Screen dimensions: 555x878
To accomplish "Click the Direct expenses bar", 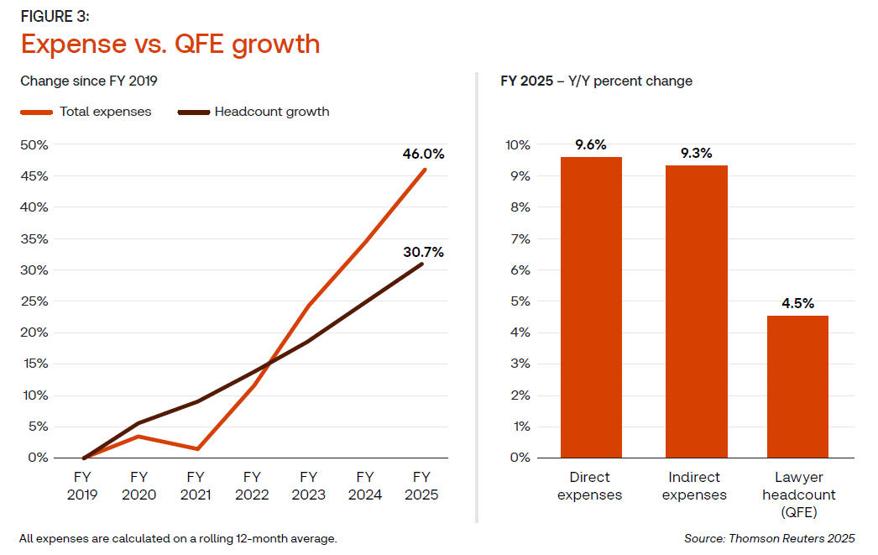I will pyautogui.click(x=591, y=307).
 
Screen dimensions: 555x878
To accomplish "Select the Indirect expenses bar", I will pyautogui.click(x=696, y=312).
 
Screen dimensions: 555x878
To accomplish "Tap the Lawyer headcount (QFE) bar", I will pyautogui.click(x=797, y=386).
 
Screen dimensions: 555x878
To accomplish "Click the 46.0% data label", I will pyautogui.click(x=423, y=154).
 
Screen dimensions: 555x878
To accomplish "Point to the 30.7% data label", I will pyautogui.click(x=423, y=252).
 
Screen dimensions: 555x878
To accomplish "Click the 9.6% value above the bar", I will pyautogui.click(x=591, y=144).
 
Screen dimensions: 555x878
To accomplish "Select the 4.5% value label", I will pyautogui.click(x=797, y=303).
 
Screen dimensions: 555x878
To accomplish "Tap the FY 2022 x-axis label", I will pyautogui.click(x=252, y=486).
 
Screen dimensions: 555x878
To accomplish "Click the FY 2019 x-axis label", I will pyautogui.click(x=82, y=486).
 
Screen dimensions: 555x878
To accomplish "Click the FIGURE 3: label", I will pyautogui.click(x=55, y=17).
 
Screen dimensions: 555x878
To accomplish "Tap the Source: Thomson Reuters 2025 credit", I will pyautogui.click(x=770, y=538).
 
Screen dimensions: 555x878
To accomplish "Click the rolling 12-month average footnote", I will pyautogui.click(x=178, y=538).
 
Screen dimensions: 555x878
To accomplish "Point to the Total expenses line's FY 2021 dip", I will pyautogui.click(x=196, y=448).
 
